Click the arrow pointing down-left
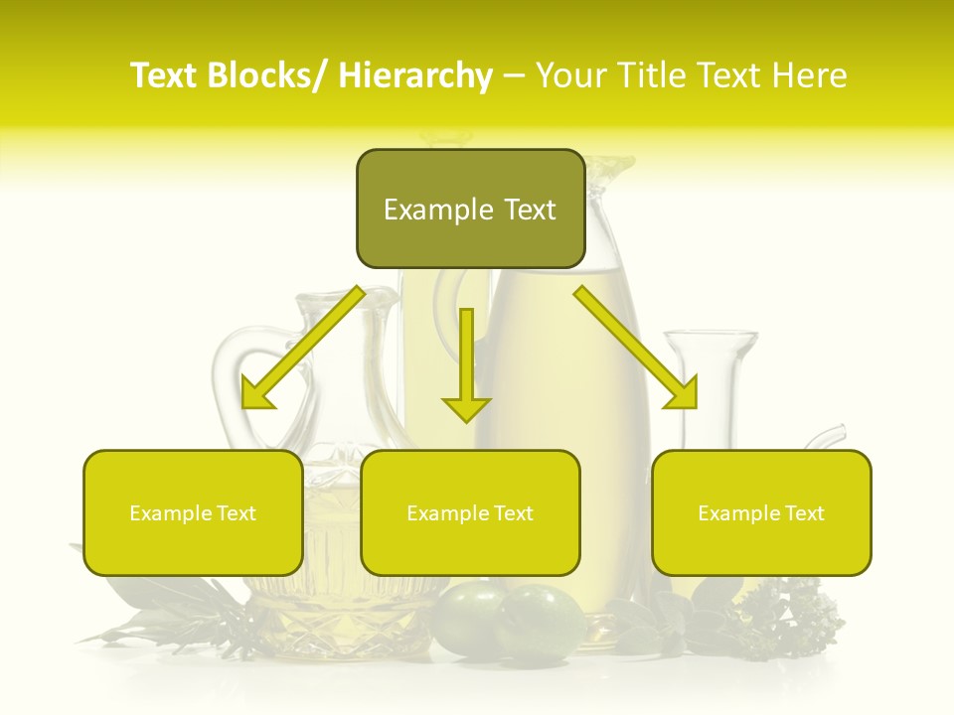pyautogui.click(x=302, y=348)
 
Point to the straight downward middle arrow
pyautogui.click(x=466, y=362)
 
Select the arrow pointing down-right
pyautogui.click(x=636, y=348)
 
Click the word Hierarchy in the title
pyautogui.click(x=415, y=75)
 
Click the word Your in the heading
pyautogui.click(x=571, y=75)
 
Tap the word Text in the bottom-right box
pyautogui.click(x=804, y=513)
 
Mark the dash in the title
pyautogui.click(x=513, y=75)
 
